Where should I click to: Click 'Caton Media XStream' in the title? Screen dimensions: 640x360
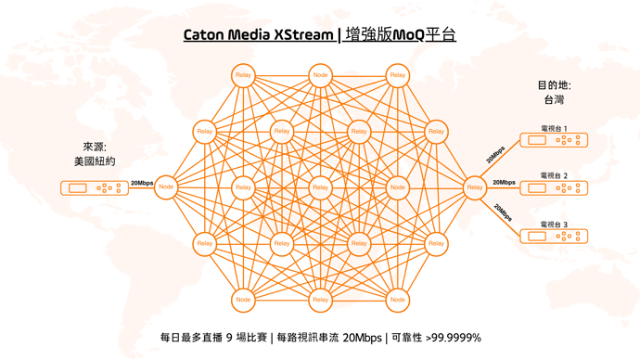[x=258, y=35]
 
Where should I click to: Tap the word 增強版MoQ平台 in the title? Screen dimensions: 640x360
[x=400, y=35]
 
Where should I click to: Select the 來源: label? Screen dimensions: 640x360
[x=95, y=147]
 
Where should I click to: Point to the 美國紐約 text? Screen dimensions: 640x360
[x=95, y=161]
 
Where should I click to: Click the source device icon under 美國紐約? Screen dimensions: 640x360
[x=95, y=187]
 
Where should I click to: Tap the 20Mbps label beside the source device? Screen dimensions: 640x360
[x=142, y=183]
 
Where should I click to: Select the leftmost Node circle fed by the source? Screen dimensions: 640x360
[x=166, y=187]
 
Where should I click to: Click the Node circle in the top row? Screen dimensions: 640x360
[x=320, y=75]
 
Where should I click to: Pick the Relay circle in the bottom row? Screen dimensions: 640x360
[x=320, y=300]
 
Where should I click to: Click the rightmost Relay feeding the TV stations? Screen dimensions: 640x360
[x=475, y=187]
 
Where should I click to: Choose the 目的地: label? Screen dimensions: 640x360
[x=554, y=85]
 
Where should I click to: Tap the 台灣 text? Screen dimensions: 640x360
[x=554, y=100]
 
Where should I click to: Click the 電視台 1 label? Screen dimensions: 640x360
[x=554, y=129]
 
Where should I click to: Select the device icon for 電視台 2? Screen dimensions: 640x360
[x=554, y=188]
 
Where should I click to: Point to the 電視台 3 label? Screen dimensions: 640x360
[x=554, y=224]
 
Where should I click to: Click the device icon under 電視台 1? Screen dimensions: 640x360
[x=554, y=140]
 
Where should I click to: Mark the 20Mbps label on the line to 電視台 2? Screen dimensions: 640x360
[x=505, y=183]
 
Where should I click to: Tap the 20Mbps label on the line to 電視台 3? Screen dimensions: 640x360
[x=503, y=212]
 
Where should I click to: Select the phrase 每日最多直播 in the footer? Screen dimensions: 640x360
[x=191, y=338]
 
